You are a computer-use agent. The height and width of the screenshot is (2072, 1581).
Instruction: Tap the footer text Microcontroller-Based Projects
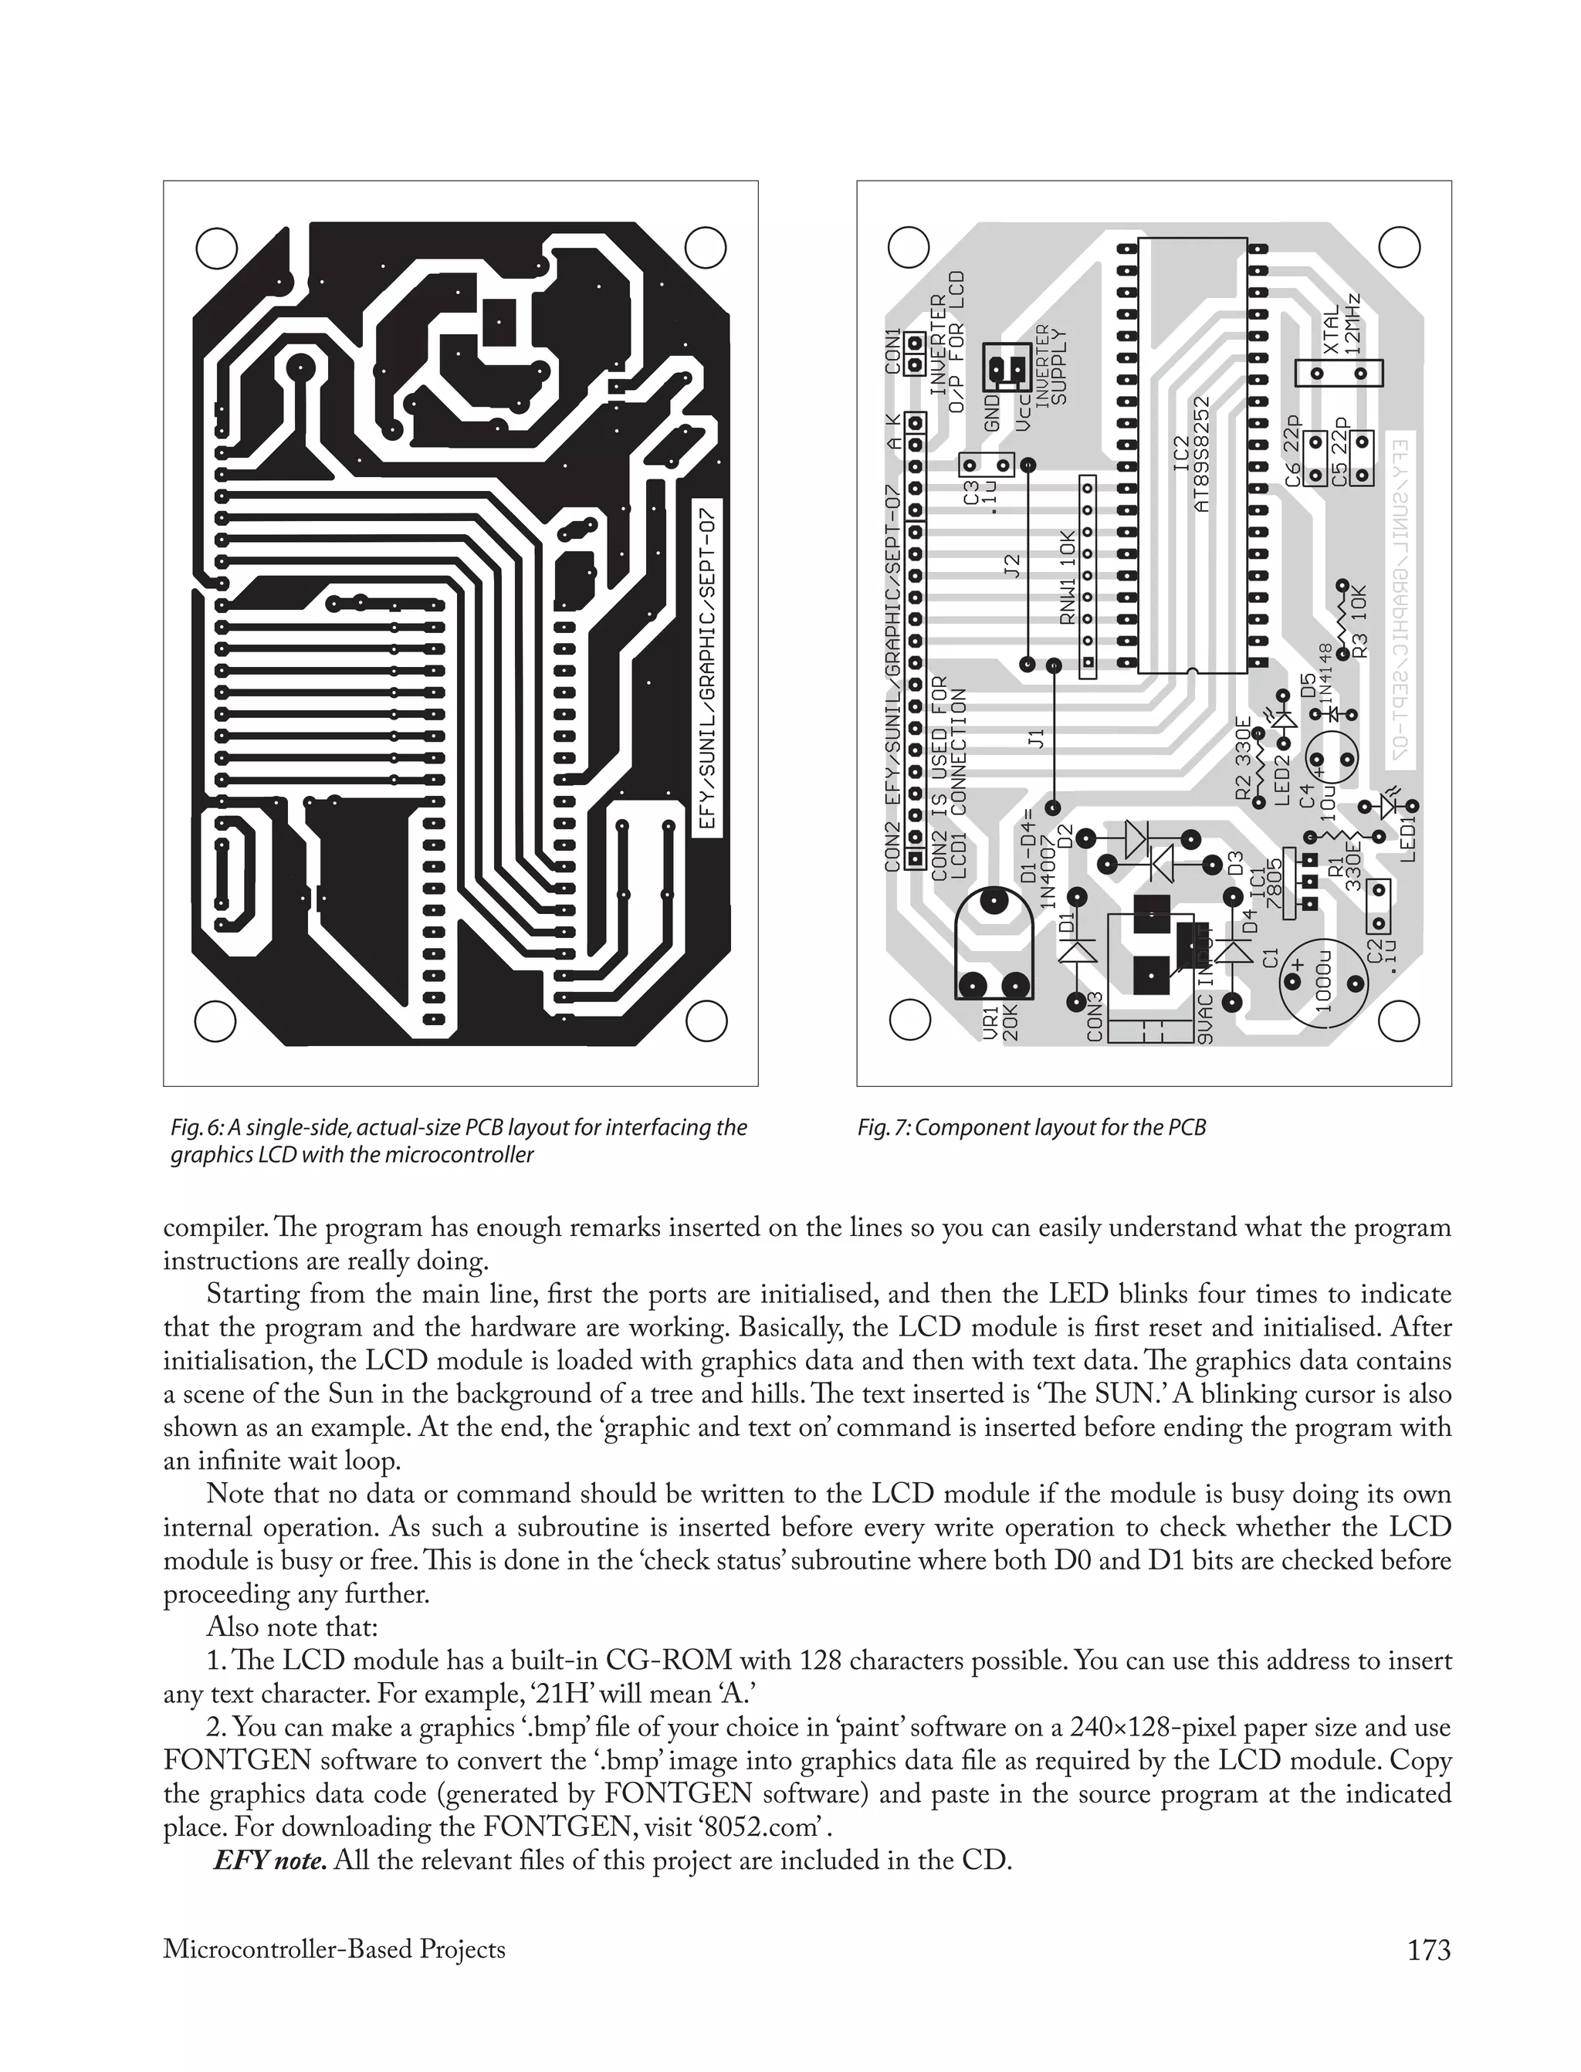334,1948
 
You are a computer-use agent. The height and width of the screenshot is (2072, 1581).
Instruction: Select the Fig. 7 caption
1031,1127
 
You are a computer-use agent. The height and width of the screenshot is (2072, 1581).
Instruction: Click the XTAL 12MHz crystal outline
1339,374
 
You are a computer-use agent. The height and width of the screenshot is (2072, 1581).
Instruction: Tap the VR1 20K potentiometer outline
993,946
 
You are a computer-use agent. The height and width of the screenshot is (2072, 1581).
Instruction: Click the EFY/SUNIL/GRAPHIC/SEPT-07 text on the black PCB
708,669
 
